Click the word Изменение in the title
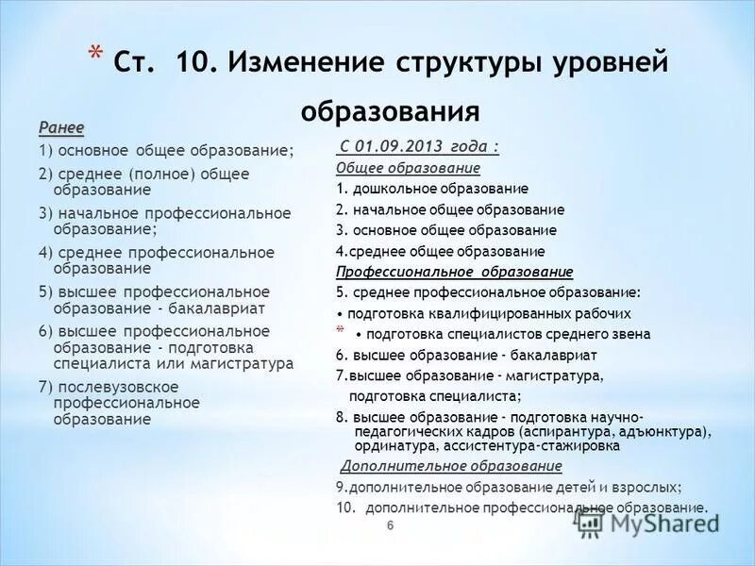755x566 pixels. click(x=306, y=63)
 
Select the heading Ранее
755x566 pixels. click(x=61, y=127)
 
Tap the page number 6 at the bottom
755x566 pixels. click(x=390, y=525)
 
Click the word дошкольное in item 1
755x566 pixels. click(x=389, y=189)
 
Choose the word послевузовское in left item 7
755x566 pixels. click(x=105, y=386)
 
